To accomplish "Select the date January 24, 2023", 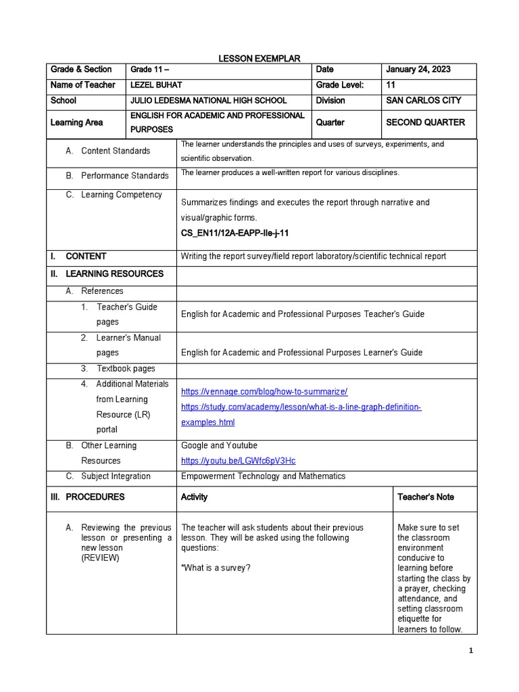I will (x=418, y=70).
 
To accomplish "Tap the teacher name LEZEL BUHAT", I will (x=156, y=85).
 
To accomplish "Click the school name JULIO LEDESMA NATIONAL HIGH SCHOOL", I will (x=208, y=101).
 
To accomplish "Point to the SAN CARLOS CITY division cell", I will (x=423, y=101).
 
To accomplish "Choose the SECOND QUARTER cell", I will (x=425, y=122).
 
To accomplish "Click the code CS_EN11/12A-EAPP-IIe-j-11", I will (x=230, y=233).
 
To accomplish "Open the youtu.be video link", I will (x=238, y=461).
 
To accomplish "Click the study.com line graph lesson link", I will (x=301, y=407).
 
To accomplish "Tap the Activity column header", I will (x=194, y=497).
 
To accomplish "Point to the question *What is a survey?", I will (x=216, y=568).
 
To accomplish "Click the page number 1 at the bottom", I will (x=472, y=651).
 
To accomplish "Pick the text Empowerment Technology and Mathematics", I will (x=263, y=476).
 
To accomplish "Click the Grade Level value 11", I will (x=390, y=85).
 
